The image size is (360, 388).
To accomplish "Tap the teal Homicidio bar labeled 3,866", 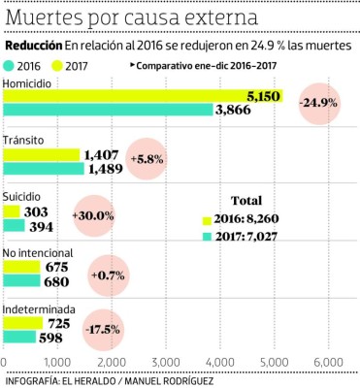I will (x=107, y=111).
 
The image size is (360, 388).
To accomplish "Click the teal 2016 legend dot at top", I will (x=10, y=65).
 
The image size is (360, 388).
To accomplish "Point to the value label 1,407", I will (x=101, y=154).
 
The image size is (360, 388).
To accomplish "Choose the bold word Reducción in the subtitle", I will (x=34, y=46).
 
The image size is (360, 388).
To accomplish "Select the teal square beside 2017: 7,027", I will (x=206, y=237).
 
